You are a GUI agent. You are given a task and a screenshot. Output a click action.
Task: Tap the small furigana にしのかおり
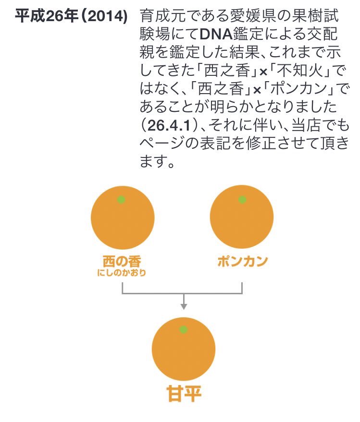click(122, 274)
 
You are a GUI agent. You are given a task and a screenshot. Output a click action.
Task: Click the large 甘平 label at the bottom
click(183, 394)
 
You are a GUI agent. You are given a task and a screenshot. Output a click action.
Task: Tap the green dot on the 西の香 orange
click(121, 200)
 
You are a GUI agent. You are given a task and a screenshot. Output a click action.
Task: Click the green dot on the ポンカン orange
click(242, 200)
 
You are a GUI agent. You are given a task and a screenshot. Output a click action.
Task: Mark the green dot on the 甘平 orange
click(183, 330)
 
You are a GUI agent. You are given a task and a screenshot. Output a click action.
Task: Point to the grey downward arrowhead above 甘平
click(183, 306)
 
